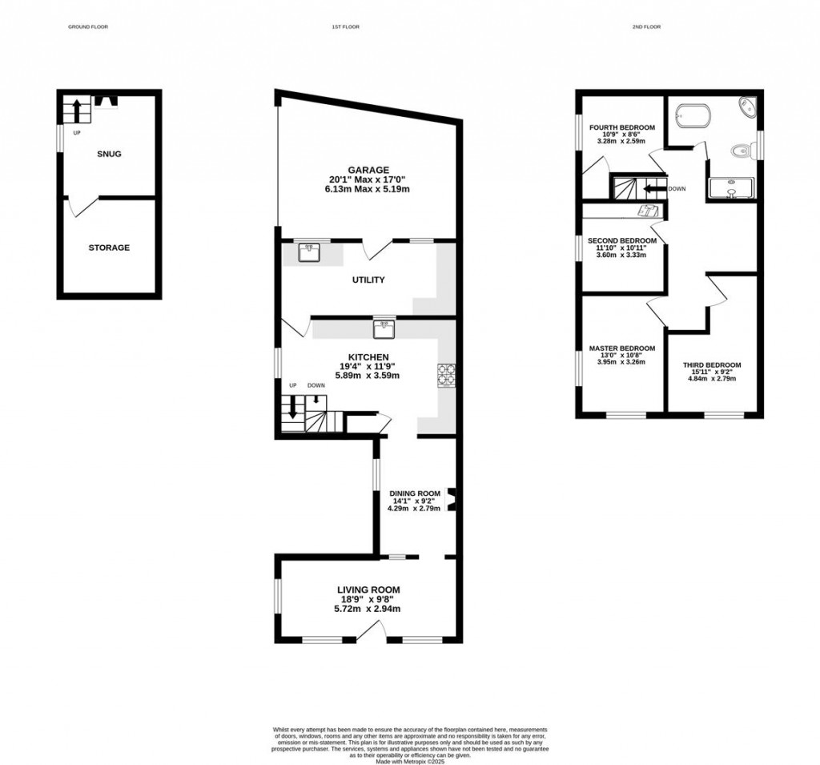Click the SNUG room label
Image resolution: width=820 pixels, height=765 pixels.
coord(109,154)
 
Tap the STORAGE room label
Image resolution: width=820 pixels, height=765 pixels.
coord(109,248)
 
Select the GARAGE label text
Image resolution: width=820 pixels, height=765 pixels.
coord(368,170)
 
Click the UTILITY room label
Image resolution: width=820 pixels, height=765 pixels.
coord(368,280)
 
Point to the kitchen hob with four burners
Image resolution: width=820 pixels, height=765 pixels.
coord(445,375)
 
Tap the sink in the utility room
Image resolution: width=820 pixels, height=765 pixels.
coord(308,253)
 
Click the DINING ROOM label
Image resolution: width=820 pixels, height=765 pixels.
coord(415,493)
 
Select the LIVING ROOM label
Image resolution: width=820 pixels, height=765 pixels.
coord(368,590)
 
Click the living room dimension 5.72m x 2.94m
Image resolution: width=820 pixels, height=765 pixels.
coord(368,609)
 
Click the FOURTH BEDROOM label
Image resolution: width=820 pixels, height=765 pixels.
coord(622,127)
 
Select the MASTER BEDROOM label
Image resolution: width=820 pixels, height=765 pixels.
coord(622,348)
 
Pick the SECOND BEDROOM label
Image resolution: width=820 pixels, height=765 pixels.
coord(622,240)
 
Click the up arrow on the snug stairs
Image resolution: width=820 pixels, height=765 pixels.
coord(78,108)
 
